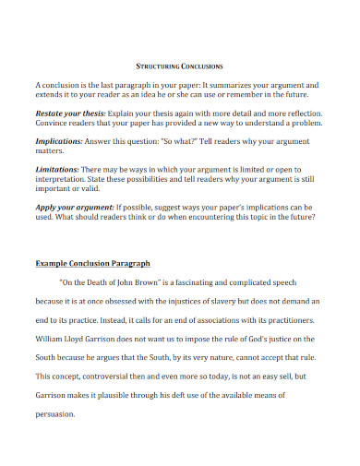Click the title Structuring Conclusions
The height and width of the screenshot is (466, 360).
point(180,66)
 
